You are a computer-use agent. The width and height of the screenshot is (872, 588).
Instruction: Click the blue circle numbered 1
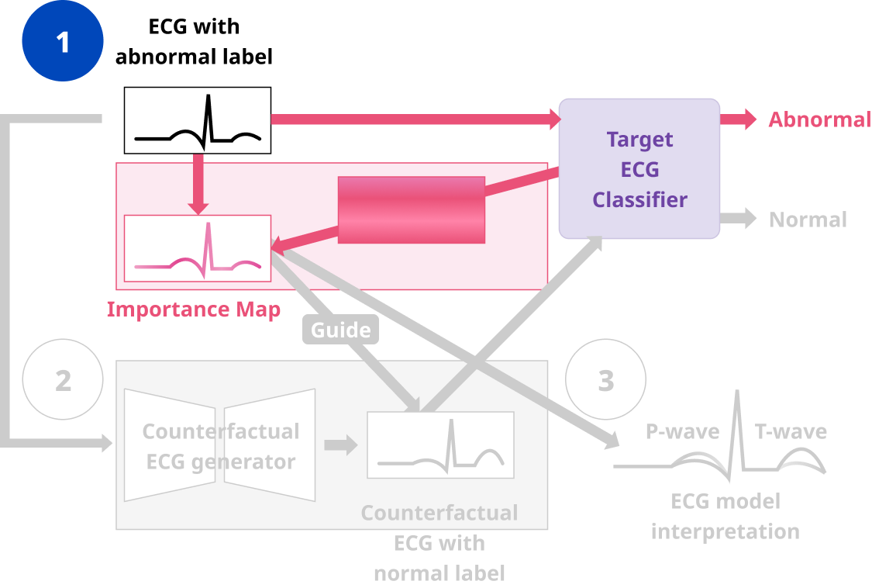pyautogui.click(x=63, y=41)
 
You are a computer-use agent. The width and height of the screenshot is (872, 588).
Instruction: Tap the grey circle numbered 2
pyautogui.click(x=63, y=381)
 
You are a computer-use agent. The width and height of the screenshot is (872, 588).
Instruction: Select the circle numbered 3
pyautogui.click(x=605, y=381)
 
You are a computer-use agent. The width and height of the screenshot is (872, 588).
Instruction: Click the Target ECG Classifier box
pyautogui.click(x=639, y=169)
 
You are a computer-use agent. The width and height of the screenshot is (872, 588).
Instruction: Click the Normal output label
pyautogui.click(x=808, y=220)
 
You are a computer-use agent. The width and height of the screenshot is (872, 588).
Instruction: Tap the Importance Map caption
pyautogui.click(x=194, y=310)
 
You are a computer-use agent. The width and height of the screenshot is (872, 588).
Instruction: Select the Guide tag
pyautogui.click(x=341, y=330)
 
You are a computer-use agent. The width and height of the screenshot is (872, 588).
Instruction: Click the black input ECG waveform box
pyautogui.click(x=198, y=120)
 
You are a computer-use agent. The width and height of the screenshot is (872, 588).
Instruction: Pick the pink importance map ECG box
pyautogui.click(x=198, y=248)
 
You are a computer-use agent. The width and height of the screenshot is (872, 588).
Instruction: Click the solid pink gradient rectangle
pyautogui.click(x=412, y=209)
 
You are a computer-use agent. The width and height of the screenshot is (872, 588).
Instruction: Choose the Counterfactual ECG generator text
pyautogui.click(x=221, y=446)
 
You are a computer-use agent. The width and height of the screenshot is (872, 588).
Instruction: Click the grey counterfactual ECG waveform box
pyautogui.click(x=440, y=445)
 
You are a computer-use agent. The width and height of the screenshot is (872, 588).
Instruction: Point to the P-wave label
pyautogui.click(x=682, y=431)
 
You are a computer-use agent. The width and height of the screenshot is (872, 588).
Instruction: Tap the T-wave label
pyautogui.click(x=791, y=431)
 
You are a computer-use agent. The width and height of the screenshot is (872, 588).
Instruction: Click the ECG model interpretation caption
pyautogui.click(x=726, y=516)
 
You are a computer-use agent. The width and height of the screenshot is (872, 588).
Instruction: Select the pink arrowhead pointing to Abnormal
pyautogui.click(x=749, y=119)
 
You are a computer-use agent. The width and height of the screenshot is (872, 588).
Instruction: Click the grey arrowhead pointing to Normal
pyautogui.click(x=749, y=219)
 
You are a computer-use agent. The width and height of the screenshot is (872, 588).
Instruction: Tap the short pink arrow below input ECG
pyautogui.click(x=199, y=185)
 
